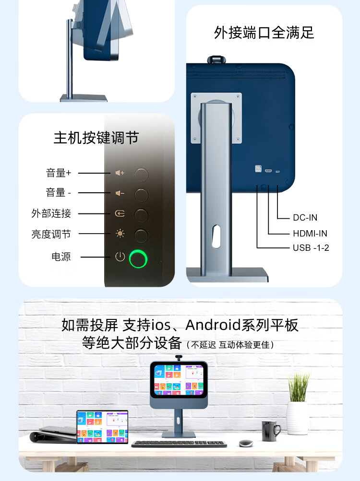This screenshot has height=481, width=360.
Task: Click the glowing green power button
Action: (x=139, y=259)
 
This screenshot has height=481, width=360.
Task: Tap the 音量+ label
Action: (x=59, y=173)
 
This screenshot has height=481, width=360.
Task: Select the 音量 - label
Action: (x=59, y=193)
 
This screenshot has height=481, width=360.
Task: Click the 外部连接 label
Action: (x=51, y=213)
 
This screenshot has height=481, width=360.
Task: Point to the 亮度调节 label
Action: (x=51, y=234)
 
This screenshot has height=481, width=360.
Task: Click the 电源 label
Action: (x=61, y=257)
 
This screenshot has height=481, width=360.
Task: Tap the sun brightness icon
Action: (x=120, y=234)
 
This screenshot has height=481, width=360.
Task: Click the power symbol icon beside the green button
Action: (x=120, y=257)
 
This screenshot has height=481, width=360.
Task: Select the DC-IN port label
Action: (x=305, y=218)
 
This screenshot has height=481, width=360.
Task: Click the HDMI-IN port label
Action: (x=310, y=234)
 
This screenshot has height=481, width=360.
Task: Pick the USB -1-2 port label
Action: (x=311, y=248)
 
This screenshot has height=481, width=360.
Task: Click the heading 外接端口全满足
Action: (x=264, y=33)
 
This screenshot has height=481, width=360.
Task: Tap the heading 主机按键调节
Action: (x=96, y=138)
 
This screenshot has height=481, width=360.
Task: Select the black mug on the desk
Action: (x=271, y=430)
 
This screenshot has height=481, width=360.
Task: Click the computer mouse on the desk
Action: (x=246, y=442)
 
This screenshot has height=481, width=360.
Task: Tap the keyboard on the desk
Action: (x=179, y=444)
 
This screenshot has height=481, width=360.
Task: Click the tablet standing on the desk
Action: (x=103, y=426)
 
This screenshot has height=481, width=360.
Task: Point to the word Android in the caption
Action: (x=214, y=325)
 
